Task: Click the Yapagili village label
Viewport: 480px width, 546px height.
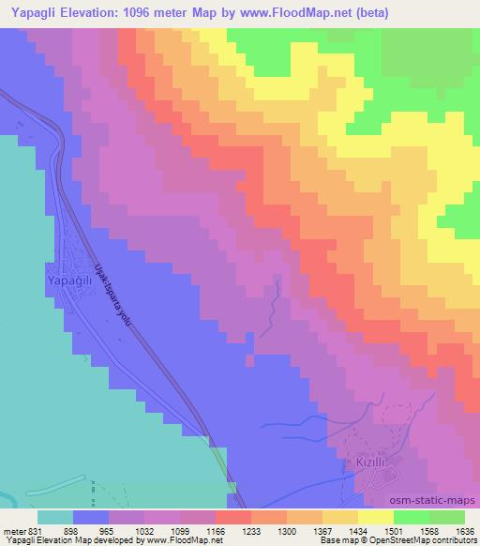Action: click(68, 279)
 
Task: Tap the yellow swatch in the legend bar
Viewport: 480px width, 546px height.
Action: click(374, 517)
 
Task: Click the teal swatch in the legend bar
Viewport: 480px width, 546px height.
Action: click(55, 517)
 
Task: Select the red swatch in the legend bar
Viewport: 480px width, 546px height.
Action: click(232, 517)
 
